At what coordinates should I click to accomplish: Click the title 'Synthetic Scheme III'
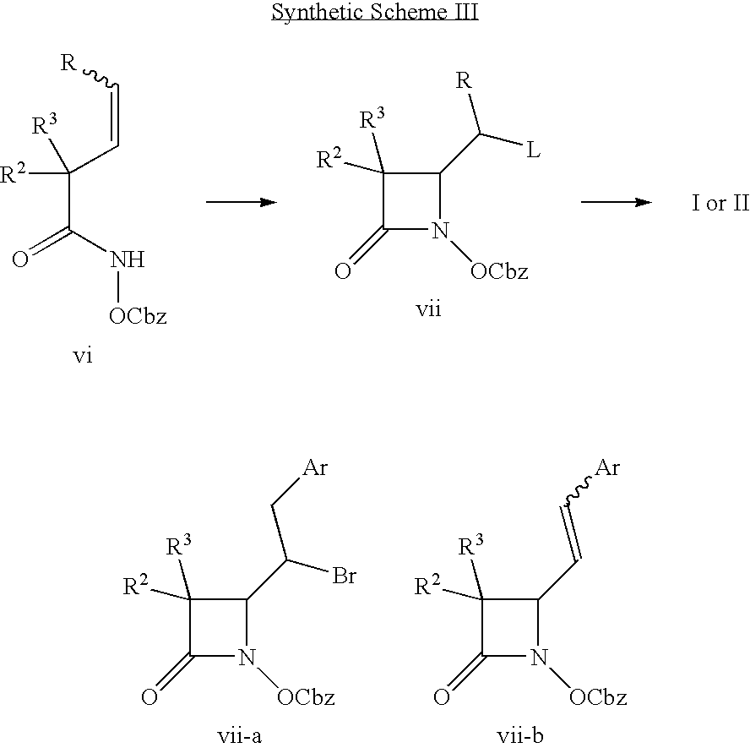tap(375, 12)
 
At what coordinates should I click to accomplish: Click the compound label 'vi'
tap(82, 356)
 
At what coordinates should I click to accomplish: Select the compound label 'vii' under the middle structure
tap(428, 308)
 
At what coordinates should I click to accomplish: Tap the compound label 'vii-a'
tap(239, 735)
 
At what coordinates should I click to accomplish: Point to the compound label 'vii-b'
tap(520, 735)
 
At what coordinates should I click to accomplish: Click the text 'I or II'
tap(720, 203)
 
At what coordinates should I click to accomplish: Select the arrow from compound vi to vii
tap(242, 203)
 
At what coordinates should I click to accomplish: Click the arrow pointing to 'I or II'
tap(617, 203)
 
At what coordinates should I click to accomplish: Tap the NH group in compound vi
tap(128, 259)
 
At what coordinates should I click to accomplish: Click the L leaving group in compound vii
tap(533, 150)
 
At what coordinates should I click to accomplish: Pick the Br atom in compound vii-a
tap(344, 576)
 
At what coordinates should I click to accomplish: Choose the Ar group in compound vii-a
tap(315, 467)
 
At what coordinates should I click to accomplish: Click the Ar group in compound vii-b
tap(607, 467)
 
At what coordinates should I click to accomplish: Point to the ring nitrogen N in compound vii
tap(441, 230)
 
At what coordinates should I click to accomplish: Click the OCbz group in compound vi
tap(138, 316)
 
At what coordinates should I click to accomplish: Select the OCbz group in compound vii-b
tap(598, 697)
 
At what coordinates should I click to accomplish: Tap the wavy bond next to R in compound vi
tap(100, 78)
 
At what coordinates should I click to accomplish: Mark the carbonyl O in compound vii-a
tap(149, 696)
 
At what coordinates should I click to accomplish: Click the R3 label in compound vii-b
tap(471, 544)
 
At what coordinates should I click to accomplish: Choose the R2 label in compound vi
tap(13, 173)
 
